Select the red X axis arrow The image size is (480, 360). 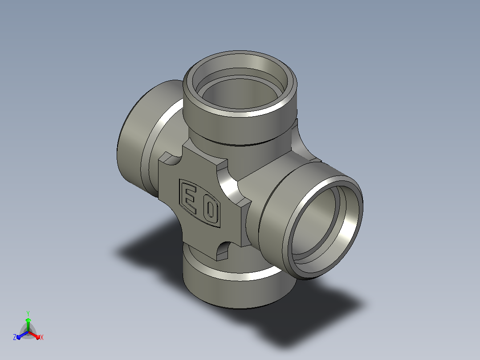pos(35,335)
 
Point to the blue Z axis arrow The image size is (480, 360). pos(22,335)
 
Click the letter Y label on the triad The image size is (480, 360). pos(28,314)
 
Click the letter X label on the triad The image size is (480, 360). pos(42,337)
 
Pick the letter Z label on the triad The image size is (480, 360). pos(14,337)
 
